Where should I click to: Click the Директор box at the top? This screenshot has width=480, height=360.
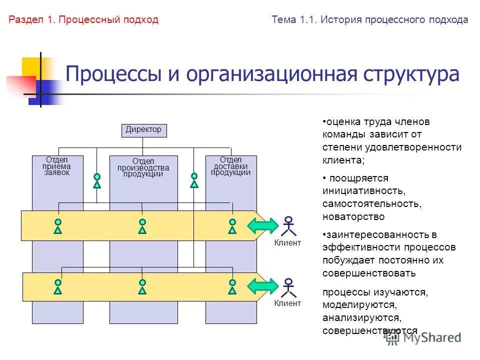(x=144, y=130)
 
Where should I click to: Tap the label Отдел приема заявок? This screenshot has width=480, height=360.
(x=56, y=166)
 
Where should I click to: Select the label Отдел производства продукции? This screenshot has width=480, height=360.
(x=143, y=167)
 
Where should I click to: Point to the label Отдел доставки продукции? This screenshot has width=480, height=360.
(x=230, y=166)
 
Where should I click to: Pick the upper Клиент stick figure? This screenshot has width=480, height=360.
(x=288, y=225)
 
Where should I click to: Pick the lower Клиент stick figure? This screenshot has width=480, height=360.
(x=288, y=287)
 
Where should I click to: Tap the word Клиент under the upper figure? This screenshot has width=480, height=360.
(x=288, y=243)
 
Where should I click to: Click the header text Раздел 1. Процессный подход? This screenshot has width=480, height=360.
(x=83, y=20)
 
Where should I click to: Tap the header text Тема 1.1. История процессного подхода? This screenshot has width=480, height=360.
(x=370, y=20)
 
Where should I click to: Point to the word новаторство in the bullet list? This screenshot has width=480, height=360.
(x=353, y=217)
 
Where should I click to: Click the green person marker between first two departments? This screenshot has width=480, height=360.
(x=97, y=180)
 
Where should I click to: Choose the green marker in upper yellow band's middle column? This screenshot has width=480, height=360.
(x=142, y=226)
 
